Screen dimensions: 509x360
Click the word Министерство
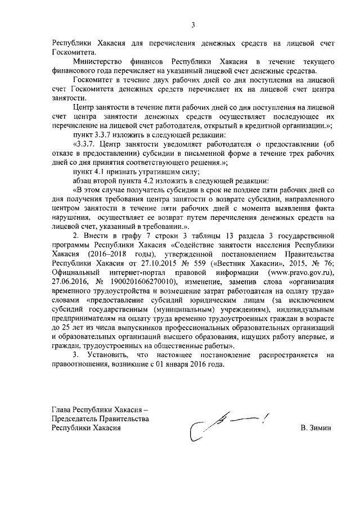pyautogui.click(x=98, y=61)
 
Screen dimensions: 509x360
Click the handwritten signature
pyautogui.click(x=228, y=425)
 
